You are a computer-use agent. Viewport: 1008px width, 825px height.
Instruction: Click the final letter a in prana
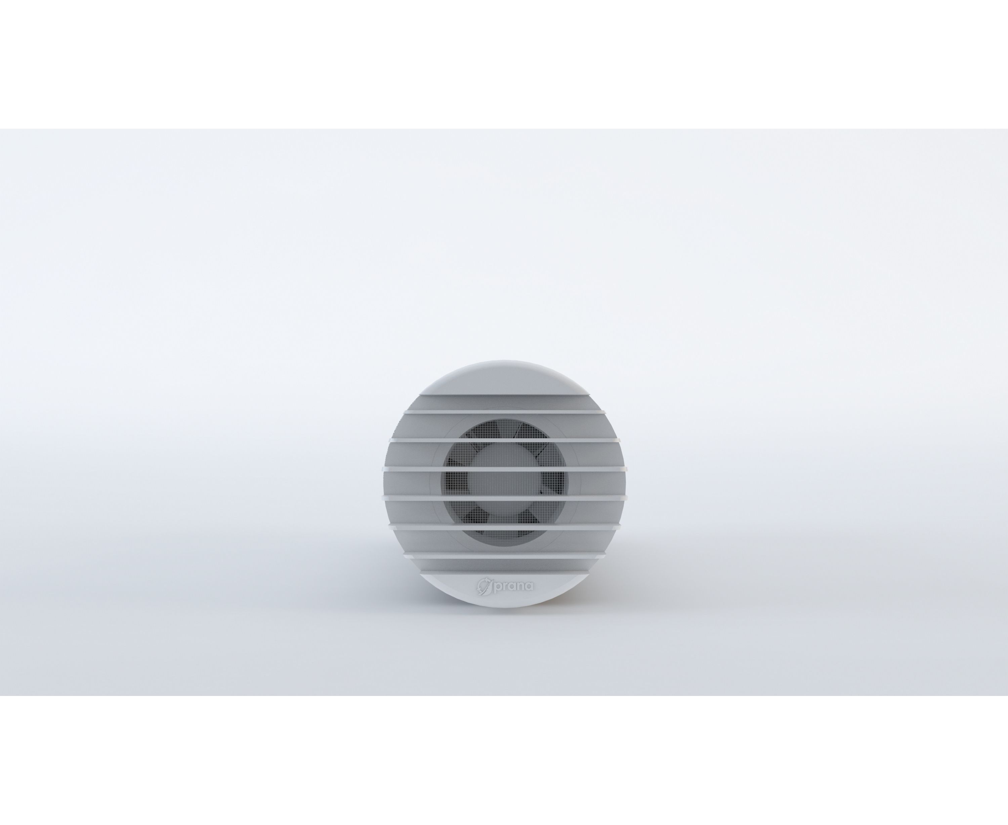[x=529, y=586]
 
